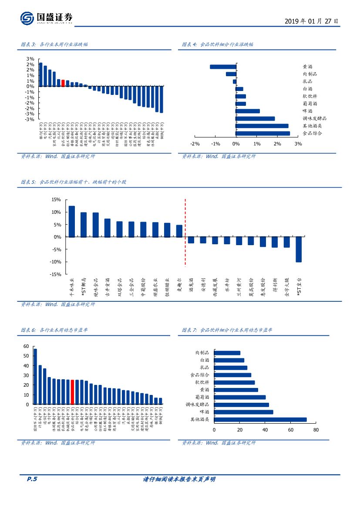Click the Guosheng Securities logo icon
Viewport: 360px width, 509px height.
click(x=27, y=18)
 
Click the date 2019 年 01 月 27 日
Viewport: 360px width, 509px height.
click(x=311, y=21)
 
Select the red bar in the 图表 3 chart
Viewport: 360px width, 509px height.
click(x=63, y=83)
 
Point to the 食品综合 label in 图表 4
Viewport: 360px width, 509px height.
click(x=312, y=133)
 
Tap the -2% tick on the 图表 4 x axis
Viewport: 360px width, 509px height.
click(x=195, y=144)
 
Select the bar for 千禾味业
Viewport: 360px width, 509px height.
click(x=72, y=221)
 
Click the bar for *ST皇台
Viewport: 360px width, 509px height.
click(x=299, y=249)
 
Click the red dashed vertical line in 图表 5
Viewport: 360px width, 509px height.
click(x=185, y=232)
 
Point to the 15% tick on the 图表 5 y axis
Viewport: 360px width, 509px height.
click(x=56, y=199)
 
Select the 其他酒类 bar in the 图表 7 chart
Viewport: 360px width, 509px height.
click(x=260, y=419)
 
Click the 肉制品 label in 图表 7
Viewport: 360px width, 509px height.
click(x=202, y=353)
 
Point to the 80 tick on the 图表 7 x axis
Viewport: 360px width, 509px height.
click(x=316, y=430)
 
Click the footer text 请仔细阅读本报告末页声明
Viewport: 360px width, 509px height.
click(x=179, y=479)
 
